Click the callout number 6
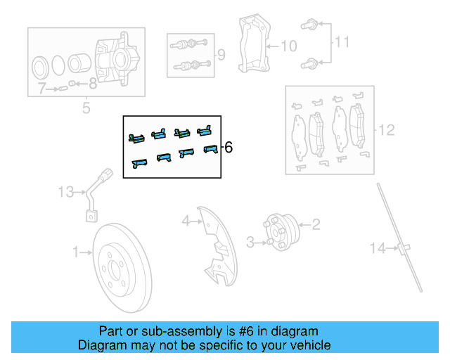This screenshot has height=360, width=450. pyautogui.click(x=228, y=148)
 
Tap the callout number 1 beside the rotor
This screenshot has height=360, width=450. pyautogui.click(x=76, y=251)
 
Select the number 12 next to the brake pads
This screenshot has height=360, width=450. pyautogui.click(x=387, y=130)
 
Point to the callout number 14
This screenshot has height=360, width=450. pyautogui.click(x=380, y=247)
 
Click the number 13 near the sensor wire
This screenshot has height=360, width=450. pyautogui.click(x=65, y=191)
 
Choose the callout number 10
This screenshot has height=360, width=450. pyautogui.click(x=289, y=46)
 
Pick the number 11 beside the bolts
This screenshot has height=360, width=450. pyautogui.click(x=341, y=43)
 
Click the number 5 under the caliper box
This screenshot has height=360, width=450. pyautogui.click(x=86, y=108)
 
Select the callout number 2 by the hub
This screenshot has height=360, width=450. pyautogui.click(x=316, y=224)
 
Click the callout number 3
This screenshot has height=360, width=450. pyautogui.click(x=250, y=243)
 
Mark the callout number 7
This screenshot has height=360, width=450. pyautogui.click(x=42, y=89)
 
